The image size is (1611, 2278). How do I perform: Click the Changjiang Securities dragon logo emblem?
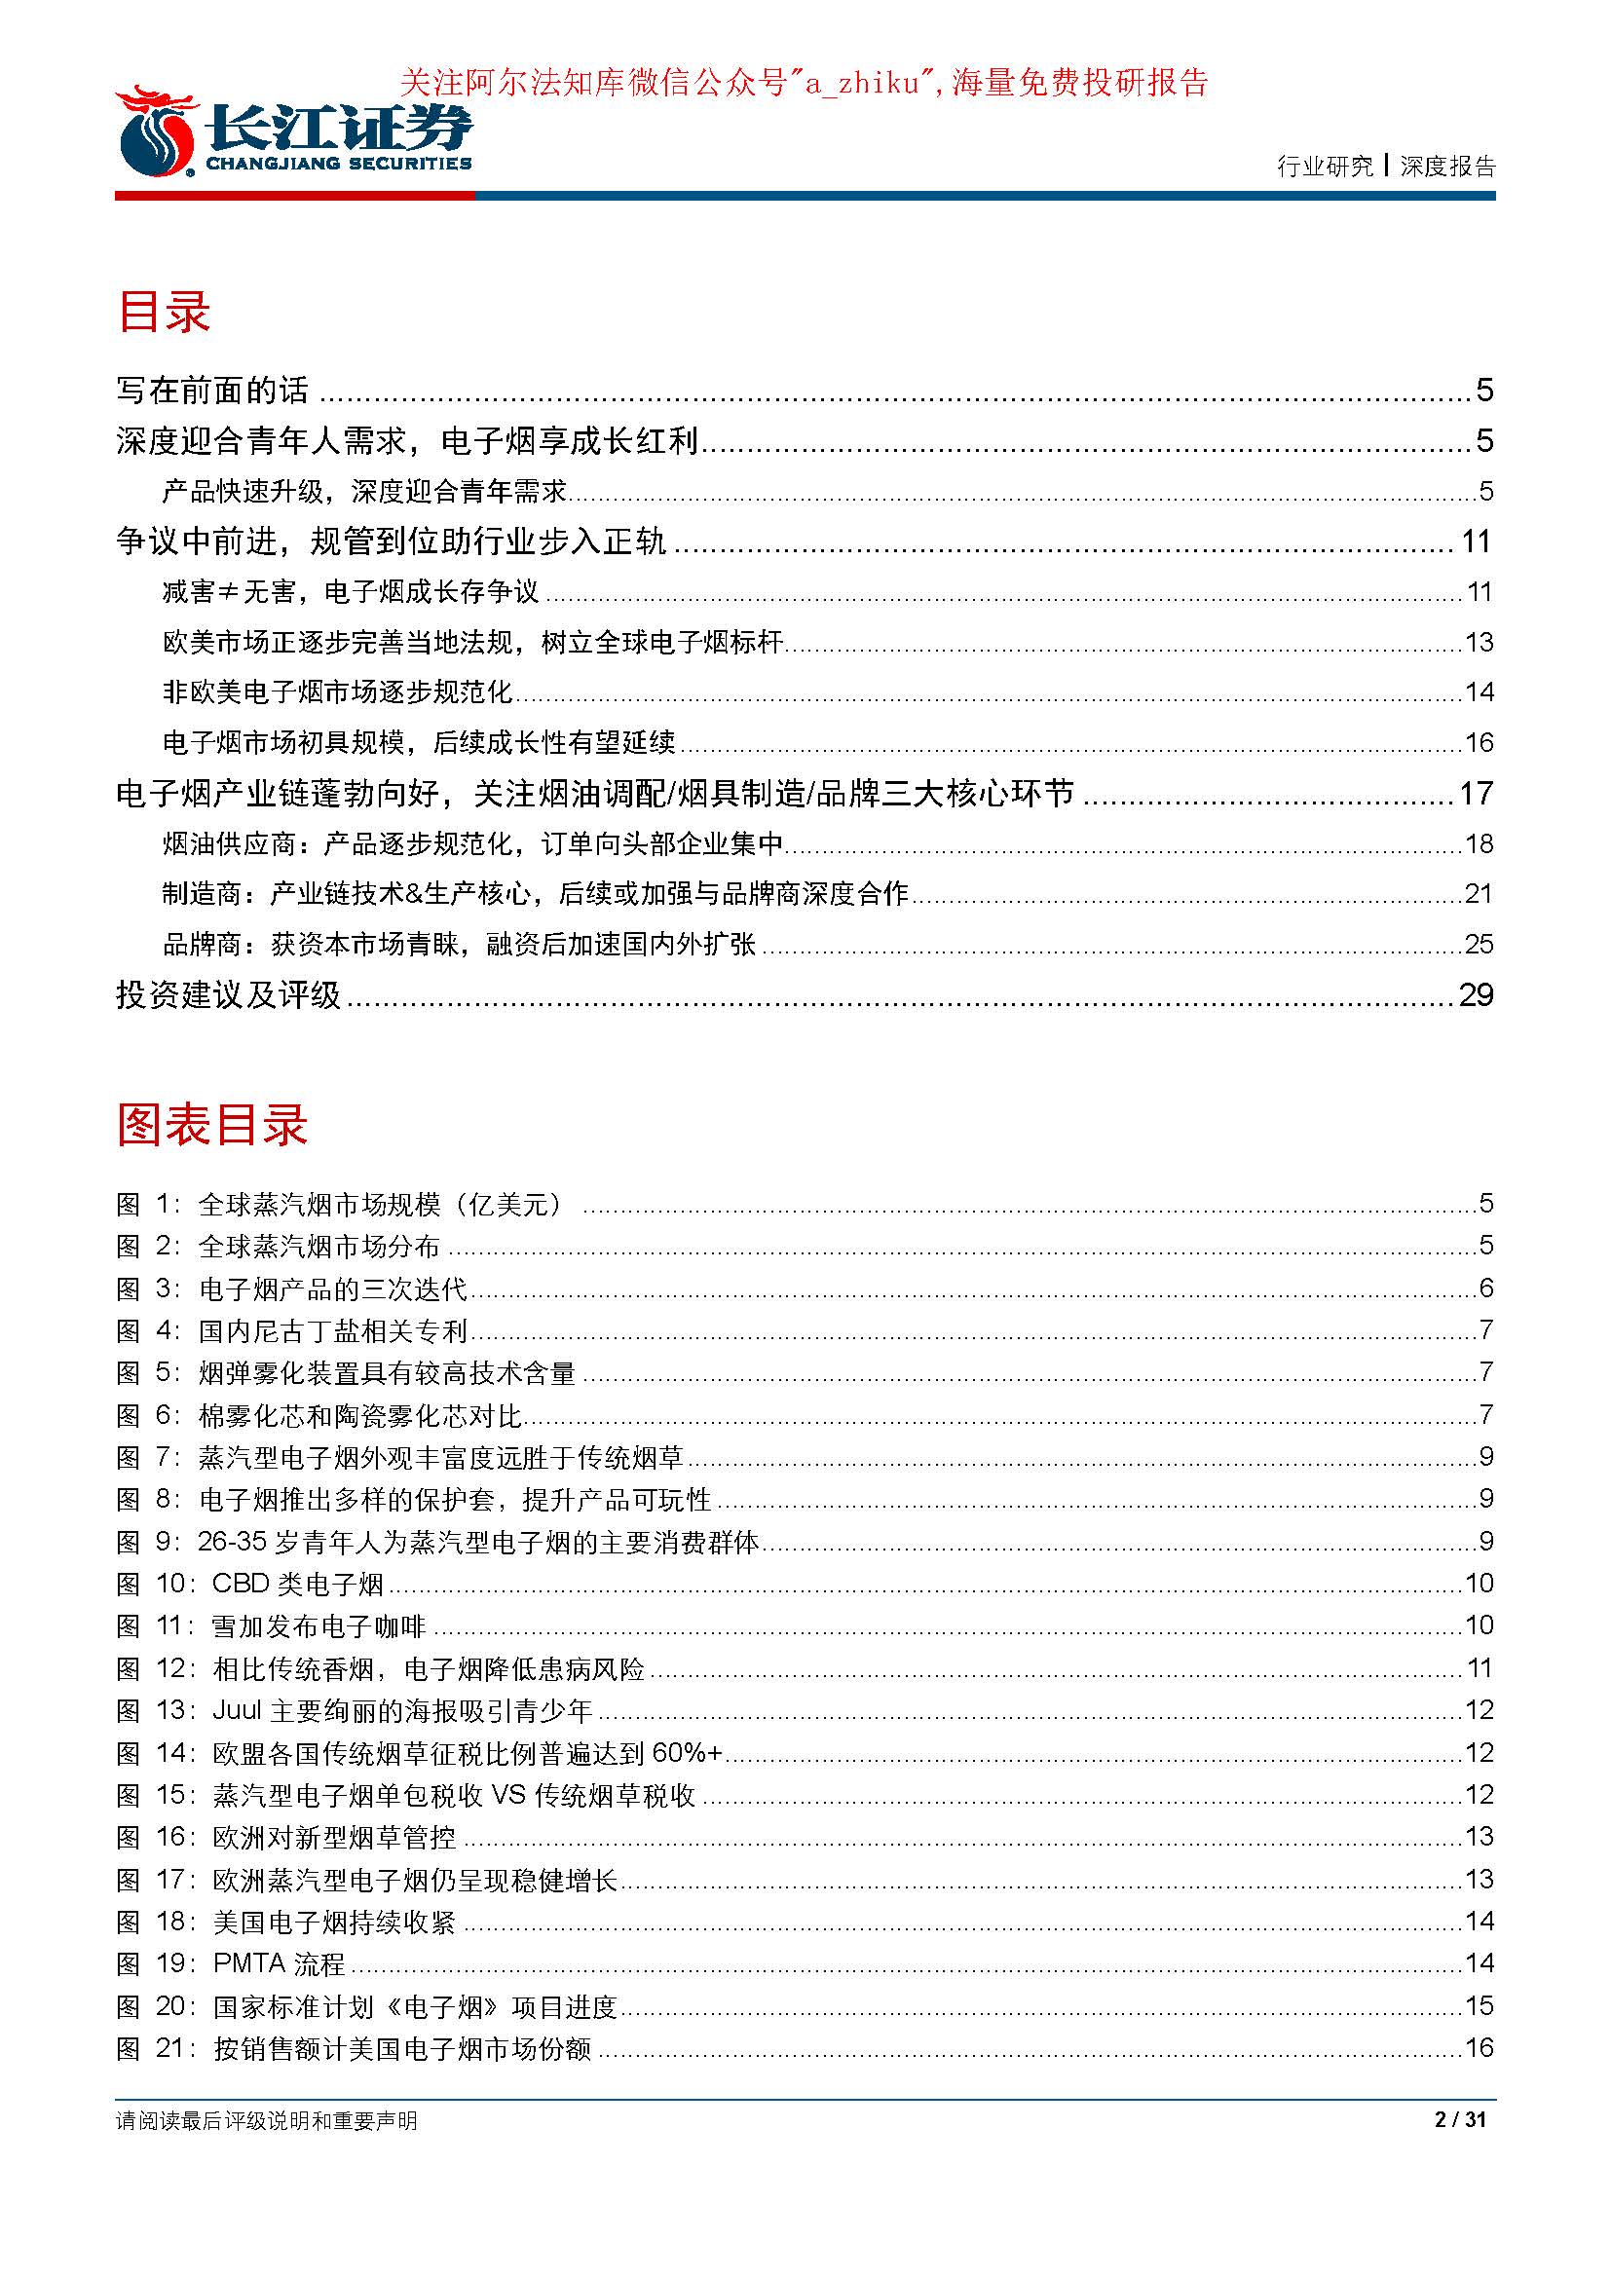[156, 133]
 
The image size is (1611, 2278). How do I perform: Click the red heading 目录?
[164, 312]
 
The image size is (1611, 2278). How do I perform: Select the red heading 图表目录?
[212, 1125]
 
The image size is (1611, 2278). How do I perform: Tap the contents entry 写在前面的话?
[212, 390]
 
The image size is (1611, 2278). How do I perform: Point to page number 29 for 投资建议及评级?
[1475, 994]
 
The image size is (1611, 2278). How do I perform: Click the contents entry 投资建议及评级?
[228, 994]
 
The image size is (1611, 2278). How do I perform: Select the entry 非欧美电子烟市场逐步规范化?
[337, 691]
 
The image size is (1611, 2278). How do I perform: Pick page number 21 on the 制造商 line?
[1479, 893]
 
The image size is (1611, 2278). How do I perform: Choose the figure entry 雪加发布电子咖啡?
[318, 1625]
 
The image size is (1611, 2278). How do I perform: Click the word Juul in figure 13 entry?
[236, 1709]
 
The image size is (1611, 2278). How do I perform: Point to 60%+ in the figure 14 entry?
[687, 1752]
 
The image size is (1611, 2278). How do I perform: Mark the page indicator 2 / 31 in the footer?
[1460, 2120]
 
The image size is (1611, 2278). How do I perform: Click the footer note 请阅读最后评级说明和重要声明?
[267, 2121]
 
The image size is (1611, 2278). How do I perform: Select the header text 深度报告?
[1447, 167]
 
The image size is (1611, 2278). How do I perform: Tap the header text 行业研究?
[1325, 167]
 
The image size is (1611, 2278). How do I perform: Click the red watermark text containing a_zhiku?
[804, 83]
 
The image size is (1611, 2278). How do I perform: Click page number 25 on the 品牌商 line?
[1479, 944]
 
